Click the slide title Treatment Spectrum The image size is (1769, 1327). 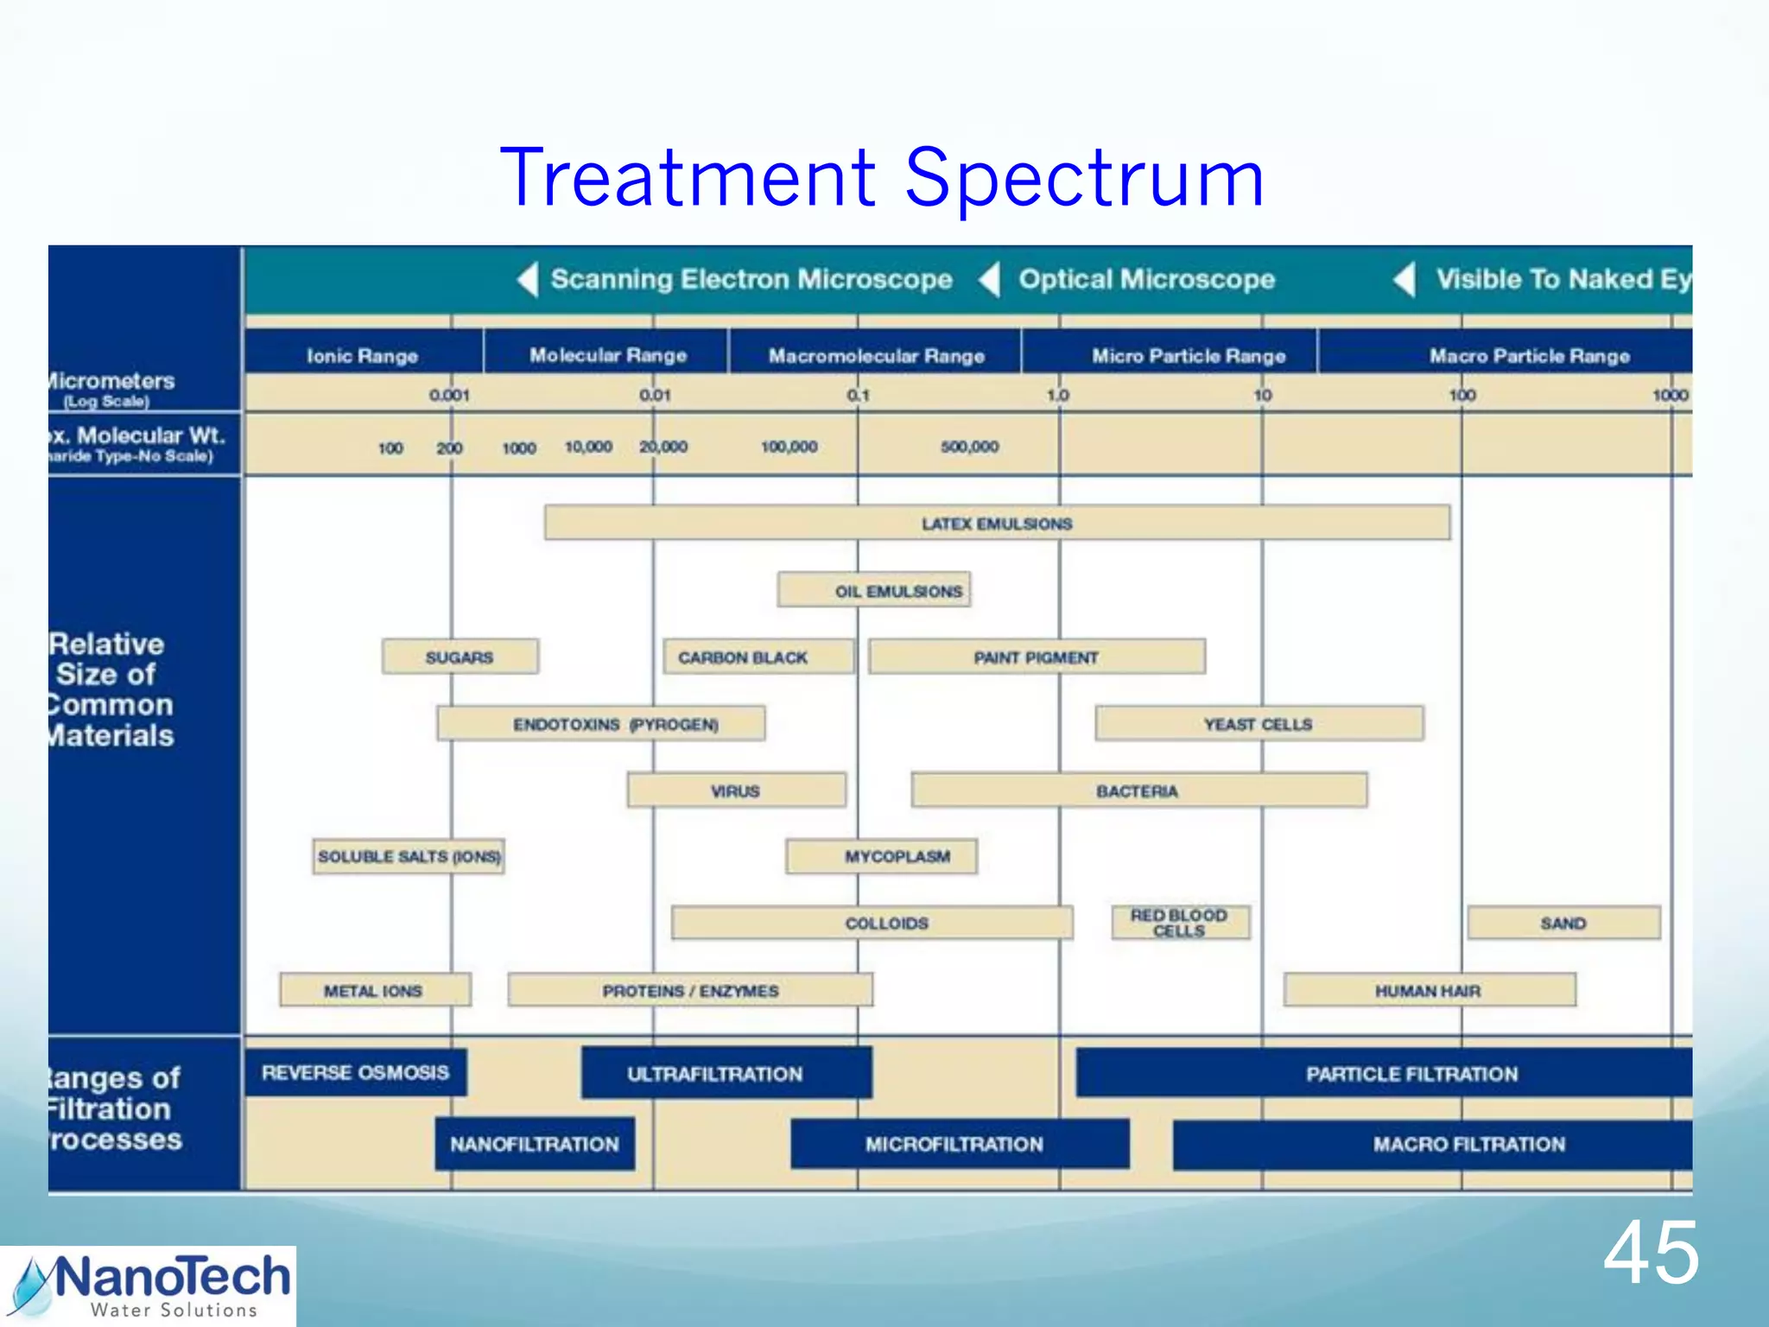click(x=881, y=179)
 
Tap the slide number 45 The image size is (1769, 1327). click(x=1651, y=1254)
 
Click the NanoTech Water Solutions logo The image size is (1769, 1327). click(x=149, y=1286)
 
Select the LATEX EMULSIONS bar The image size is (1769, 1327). click(x=997, y=524)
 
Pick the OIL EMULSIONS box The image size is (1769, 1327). click(x=874, y=591)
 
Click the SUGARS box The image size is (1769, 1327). click(x=460, y=657)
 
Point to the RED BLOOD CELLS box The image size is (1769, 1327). click(x=1179, y=923)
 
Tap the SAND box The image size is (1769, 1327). click(x=1563, y=923)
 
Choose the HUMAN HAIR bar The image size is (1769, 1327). click(x=1429, y=990)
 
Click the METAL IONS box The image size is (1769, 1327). click(x=374, y=990)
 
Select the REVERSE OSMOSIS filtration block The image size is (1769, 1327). click(x=355, y=1073)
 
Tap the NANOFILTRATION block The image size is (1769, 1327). click(x=534, y=1144)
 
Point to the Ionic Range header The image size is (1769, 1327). click(x=362, y=355)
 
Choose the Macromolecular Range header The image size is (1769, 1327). click(x=876, y=355)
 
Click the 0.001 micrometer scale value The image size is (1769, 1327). click(x=449, y=396)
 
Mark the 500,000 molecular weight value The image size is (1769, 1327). click(x=969, y=447)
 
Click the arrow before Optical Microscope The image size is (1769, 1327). click(x=990, y=279)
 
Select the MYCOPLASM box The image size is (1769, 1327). click(x=882, y=856)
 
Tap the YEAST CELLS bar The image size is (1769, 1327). click(x=1258, y=724)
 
